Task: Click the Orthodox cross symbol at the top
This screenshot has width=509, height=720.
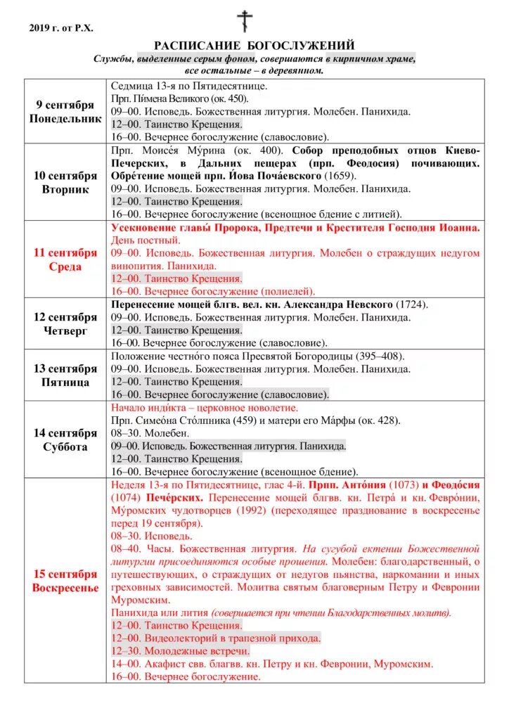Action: click(245, 21)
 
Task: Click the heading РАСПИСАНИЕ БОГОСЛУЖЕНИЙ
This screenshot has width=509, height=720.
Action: click(254, 46)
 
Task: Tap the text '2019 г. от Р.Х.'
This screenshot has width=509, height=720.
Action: click(61, 28)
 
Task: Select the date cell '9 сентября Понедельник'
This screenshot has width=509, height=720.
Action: click(65, 111)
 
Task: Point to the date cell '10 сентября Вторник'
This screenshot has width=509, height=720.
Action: click(65, 182)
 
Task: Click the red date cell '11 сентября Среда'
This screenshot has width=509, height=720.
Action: click(65, 259)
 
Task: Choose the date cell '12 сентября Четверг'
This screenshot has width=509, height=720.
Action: click(65, 323)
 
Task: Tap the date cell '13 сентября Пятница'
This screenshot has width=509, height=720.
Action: click(65, 375)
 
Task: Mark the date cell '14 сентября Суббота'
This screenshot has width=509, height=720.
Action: click(65, 439)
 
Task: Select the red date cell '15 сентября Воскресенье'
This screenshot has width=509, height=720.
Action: click(65, 580)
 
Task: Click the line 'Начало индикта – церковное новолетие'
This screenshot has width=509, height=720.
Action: click(205, 408)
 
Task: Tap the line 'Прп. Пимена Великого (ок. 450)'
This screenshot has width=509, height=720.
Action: click(180, 98)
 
